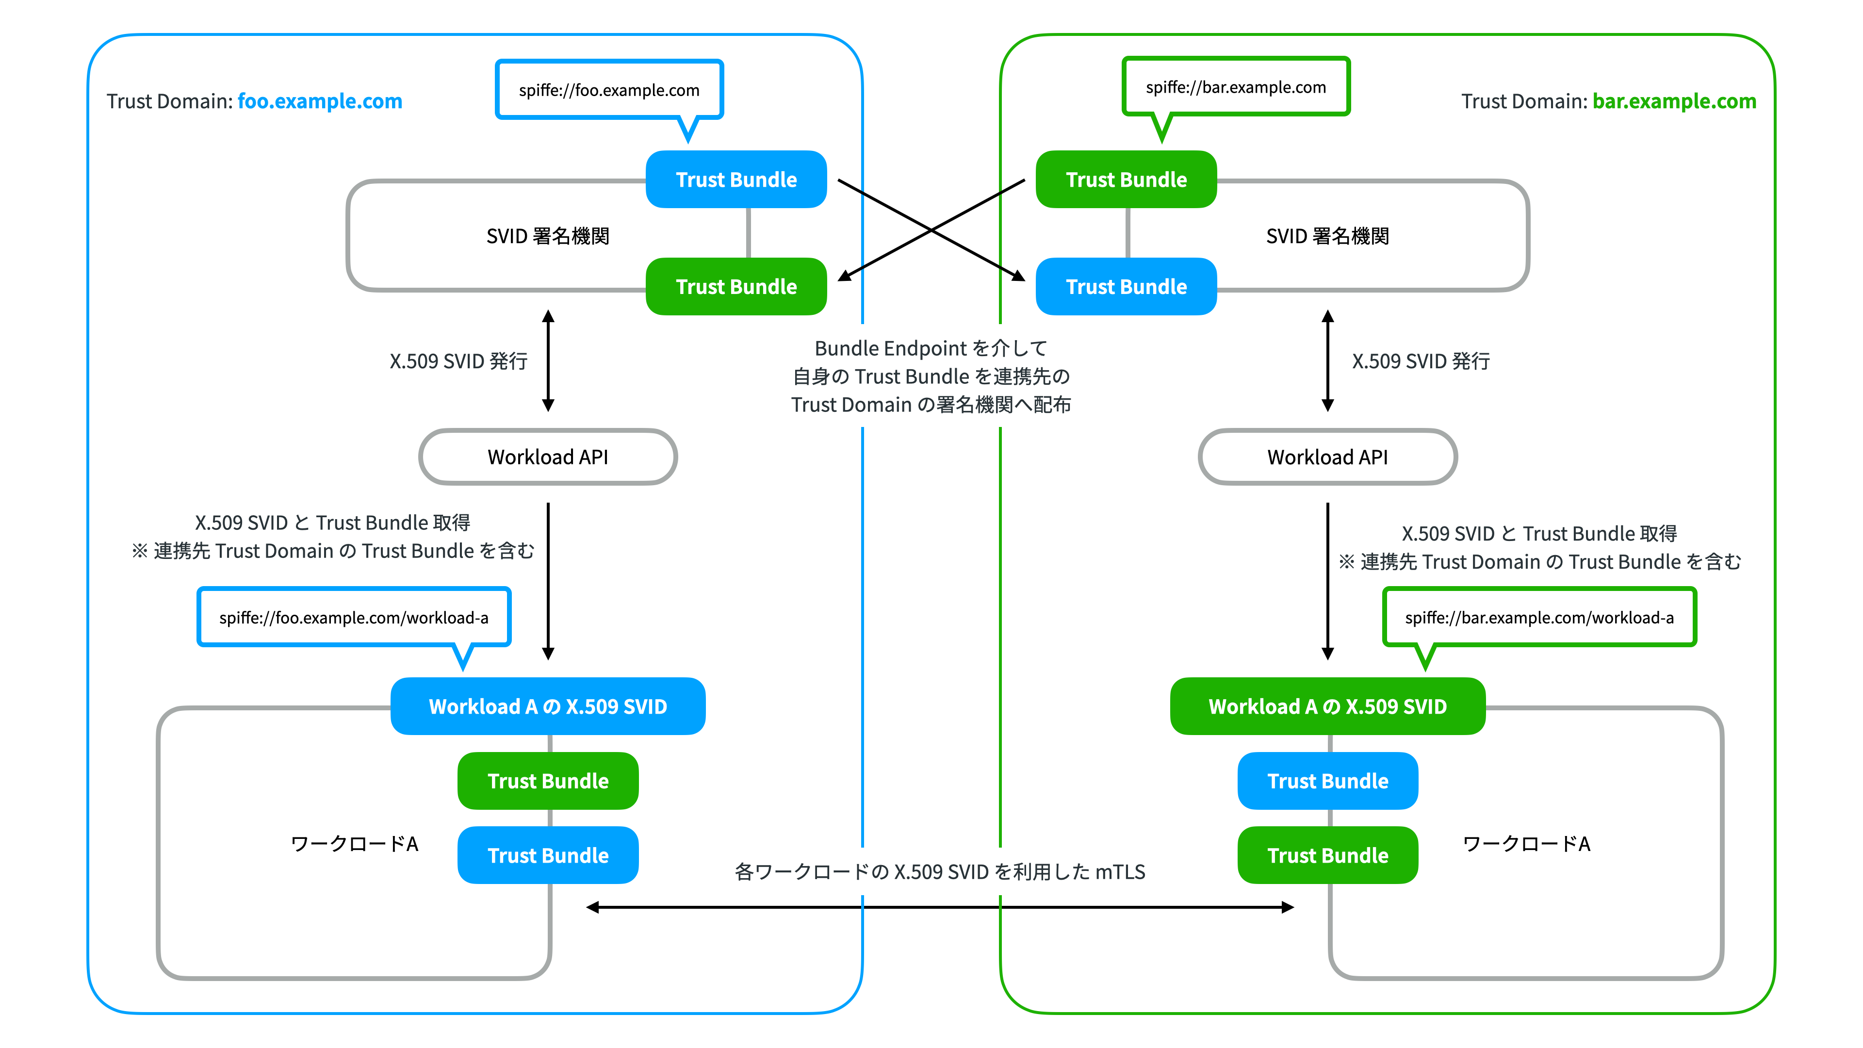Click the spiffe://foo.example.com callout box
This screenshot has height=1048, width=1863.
pyautogui.click(x=609, y=90)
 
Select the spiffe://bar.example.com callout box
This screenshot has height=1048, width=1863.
pyautogui.click(x=1236, y=87)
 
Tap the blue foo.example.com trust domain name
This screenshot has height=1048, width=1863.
pyautogui.click(x=320, y=101)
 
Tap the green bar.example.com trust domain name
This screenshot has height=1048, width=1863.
pyautogui.click(x=1674, y=101)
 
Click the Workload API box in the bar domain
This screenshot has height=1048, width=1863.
pyautogui.click(x=1328, y=457)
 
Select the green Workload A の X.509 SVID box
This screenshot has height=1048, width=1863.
pyautogui.click(x=1328, y=706)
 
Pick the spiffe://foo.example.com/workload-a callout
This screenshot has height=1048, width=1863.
pyautogui.click(x=354, y=617)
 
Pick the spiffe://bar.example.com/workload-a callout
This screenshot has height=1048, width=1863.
pyautogui.click(x=1539, y=617)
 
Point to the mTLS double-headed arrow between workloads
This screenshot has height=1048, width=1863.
pyautogui.click(x=940, y=907)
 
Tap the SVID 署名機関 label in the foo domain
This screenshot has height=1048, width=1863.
pyautogui.click(x=547, y=236)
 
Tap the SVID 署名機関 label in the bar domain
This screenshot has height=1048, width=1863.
pyautogui.click(x=1328, y=236)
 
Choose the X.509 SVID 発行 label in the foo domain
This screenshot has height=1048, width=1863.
pyautogui.click(x=458, y=361)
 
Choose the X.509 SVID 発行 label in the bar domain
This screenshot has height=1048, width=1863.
pyautogui.click(x=1421, y=361)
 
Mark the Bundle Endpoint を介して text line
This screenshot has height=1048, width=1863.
pyautogui.click(x=931, y=349)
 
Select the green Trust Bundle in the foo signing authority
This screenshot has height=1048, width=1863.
pyautogui.click(x=736, y=286)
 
